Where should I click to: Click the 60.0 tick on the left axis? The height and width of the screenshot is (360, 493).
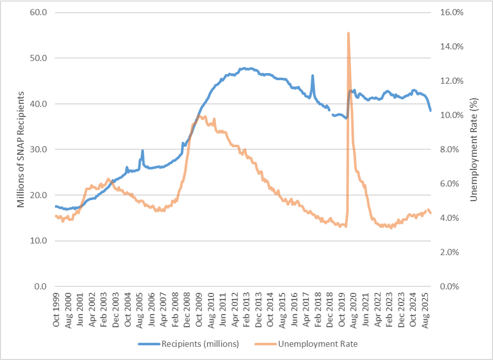(39, 13)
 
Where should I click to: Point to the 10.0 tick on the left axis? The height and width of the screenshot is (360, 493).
(39, 241)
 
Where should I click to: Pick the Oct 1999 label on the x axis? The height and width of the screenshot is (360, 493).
(56, 306)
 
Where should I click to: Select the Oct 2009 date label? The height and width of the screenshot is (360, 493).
(199, 306)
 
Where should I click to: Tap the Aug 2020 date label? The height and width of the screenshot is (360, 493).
(353, 306)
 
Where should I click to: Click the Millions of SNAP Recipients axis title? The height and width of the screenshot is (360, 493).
(21, 149)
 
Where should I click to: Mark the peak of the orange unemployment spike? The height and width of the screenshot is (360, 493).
(348, 33)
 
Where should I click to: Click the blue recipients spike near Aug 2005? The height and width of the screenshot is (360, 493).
(142, 151)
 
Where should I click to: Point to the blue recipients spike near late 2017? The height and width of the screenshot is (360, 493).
(313, 76)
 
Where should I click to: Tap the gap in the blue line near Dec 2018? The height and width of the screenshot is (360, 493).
(331, 112)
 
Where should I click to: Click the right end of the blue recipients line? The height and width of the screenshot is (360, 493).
(430, 110)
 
